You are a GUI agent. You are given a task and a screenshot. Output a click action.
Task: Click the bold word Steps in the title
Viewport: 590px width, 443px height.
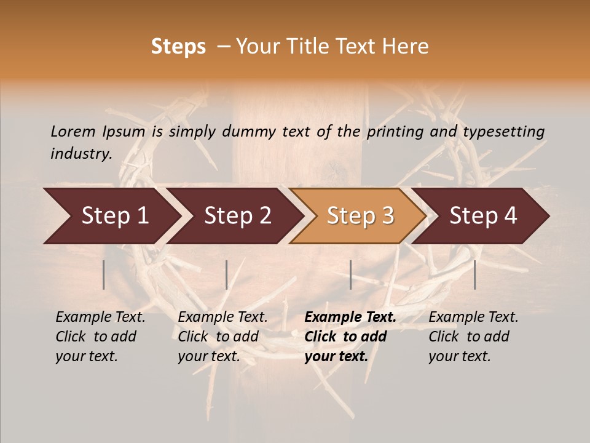(x=178, y=47)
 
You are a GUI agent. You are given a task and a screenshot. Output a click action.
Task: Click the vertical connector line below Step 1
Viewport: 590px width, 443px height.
(x=103, y=274)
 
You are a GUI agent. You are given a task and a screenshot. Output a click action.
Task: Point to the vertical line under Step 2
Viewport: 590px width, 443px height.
(x=227, y=274)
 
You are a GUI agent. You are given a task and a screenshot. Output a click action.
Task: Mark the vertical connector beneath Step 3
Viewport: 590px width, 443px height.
(x=350, y=274)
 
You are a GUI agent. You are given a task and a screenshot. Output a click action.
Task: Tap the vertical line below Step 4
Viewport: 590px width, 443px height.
(x=474, y=274)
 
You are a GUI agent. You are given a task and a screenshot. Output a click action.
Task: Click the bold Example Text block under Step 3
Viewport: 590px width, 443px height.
(x=350, y=337)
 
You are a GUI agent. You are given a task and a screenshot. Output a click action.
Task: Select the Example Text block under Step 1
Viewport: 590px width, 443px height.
(x=100, y=337)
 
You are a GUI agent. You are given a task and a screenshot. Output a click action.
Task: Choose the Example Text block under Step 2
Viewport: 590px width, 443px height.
(x=222, y=337)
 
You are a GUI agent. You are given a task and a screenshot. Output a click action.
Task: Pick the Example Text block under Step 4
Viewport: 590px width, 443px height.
(x=473, y=337)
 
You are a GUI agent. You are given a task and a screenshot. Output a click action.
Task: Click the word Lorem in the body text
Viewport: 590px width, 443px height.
(x=73, y=132)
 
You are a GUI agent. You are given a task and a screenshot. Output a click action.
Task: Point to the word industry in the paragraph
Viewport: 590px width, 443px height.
(x=81, y=154)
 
